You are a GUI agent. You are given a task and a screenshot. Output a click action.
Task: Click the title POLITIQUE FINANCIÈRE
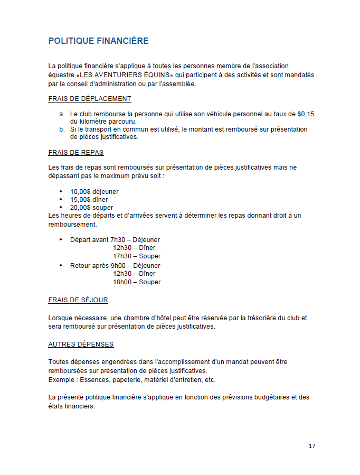click(98, 41)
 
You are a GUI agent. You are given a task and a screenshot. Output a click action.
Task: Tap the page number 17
click(312, 446)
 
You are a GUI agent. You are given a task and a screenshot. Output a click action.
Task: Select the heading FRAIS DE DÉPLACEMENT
click(89, 99)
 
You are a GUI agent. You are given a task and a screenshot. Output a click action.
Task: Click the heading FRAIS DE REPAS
click(75, 153)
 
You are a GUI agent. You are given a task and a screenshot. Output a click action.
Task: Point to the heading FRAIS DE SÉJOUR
click(78, 300)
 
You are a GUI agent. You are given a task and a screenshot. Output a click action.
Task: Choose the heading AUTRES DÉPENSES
click(81, 344)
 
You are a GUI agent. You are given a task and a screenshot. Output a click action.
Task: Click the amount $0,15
click(306, 114)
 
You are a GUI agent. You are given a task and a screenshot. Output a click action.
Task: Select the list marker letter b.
click(61, 129)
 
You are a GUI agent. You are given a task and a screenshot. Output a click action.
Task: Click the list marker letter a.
click(61, 114)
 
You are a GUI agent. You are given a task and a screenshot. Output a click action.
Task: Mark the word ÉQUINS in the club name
click(153, 75)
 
